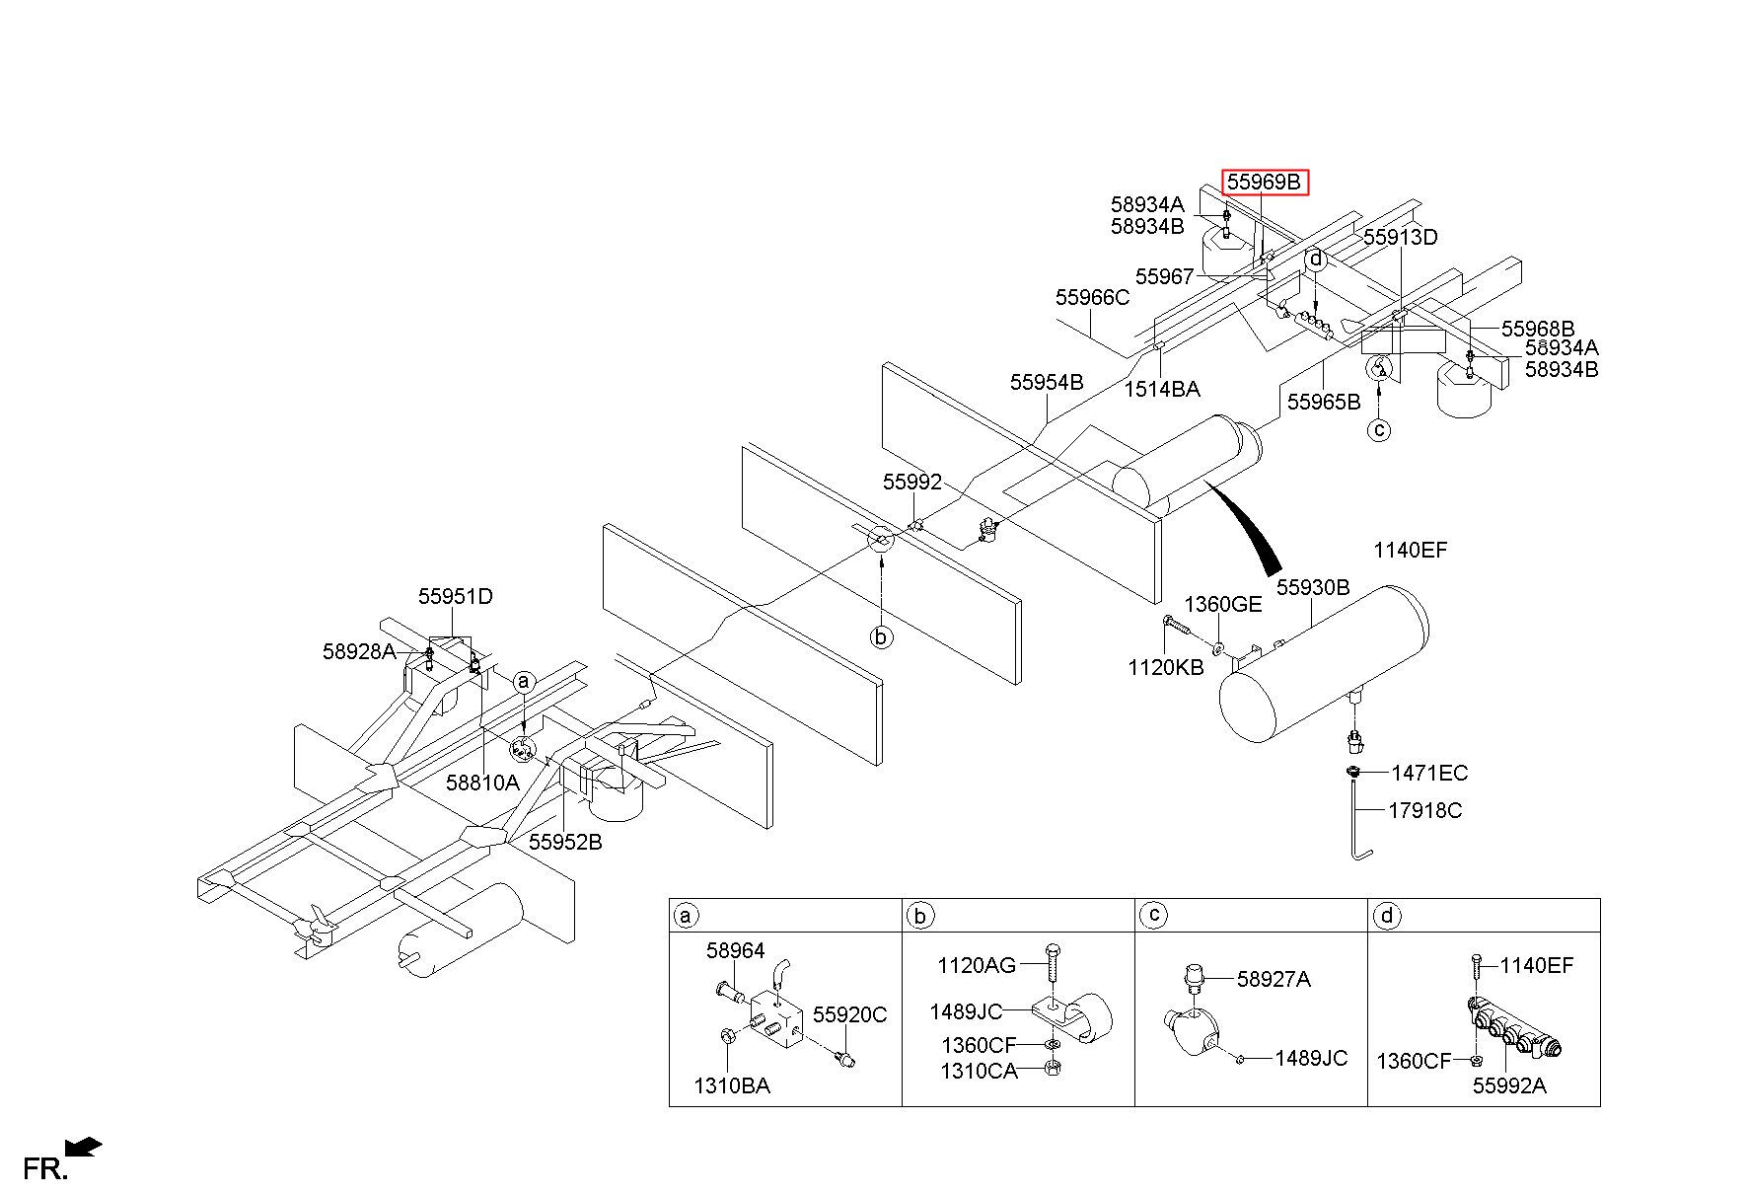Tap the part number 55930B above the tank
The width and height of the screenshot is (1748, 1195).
(1313, 587)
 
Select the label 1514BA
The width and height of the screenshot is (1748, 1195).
(1162, 389)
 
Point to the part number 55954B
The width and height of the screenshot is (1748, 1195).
(1047, 382)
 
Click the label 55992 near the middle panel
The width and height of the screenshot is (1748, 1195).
(912, 482)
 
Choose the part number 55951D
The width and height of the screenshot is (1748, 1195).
(455, 596)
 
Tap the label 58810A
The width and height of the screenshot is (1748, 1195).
(481, 783)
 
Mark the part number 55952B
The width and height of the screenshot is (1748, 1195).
(565, 842)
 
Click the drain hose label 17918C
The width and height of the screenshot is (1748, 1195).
(1425, 810)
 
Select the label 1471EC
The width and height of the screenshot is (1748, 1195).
(1429, 773)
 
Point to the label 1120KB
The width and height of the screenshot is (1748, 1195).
(1166, 667)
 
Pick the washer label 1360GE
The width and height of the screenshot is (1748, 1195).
(1223, 604)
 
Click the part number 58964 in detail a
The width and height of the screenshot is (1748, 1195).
(735, 950)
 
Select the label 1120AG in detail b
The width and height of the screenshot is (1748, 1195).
(977, 964)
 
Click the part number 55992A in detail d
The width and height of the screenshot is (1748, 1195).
(1509, 1085)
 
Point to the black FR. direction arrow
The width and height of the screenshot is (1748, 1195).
(83, 1146)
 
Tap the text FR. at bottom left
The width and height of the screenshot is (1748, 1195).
(45, 1169)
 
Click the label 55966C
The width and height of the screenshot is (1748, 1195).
(1092, 297)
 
